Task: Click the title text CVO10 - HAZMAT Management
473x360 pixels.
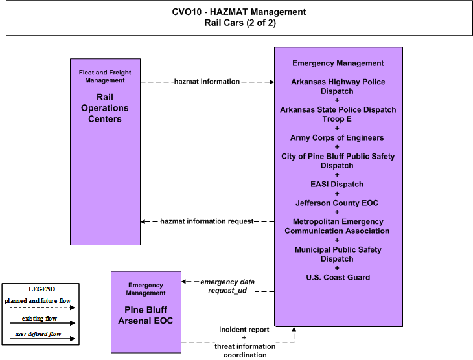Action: (239, 12)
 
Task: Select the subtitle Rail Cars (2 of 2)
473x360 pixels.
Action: (240, 23)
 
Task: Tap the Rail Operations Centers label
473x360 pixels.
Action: (105, 108)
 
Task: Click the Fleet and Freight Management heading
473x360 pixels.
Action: (105, 76)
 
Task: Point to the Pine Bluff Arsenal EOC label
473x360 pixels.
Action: (146, 315)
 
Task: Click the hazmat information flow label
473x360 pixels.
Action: (207, 82)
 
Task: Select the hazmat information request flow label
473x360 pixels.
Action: (207, 221)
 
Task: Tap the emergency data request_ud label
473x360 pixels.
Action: (227, 286)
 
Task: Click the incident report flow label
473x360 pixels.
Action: (244, 330)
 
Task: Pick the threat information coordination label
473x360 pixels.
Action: (245, 351)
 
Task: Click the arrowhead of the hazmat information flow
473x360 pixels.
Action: (272, 82)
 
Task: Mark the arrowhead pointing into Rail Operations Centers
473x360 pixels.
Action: (143, 221)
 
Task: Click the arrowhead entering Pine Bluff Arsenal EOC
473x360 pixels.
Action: (184, 282)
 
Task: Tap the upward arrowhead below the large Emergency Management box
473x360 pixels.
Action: (294, 329)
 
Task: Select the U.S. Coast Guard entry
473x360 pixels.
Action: (338, 277)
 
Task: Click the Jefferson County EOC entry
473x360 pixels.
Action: (337, 203)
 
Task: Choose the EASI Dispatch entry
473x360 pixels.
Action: (337, 185)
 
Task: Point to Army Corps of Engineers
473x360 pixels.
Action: (337, 137)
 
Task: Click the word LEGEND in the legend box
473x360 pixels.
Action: (41, 289)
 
